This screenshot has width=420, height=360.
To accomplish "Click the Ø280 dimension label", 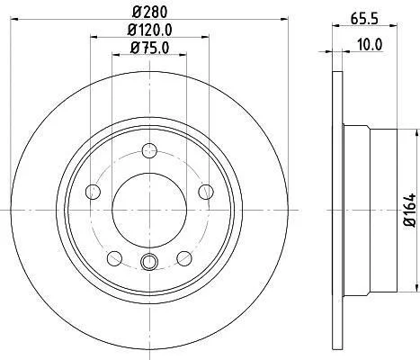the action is [149, 13].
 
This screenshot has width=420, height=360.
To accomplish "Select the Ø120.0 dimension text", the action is [149, 30].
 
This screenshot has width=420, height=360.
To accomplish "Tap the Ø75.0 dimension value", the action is [149, 48].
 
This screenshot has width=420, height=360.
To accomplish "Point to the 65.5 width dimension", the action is [364, 19].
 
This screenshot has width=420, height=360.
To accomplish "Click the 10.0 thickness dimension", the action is [370, 45].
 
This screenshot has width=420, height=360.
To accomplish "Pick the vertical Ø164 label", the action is [410, 210].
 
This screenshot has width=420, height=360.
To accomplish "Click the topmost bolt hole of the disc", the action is [149, 150].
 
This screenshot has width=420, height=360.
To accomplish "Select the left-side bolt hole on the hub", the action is [93, 192].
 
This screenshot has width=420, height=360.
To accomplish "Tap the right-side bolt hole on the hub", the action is [206, 192].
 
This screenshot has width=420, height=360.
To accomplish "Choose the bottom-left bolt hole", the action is [114, 258].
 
